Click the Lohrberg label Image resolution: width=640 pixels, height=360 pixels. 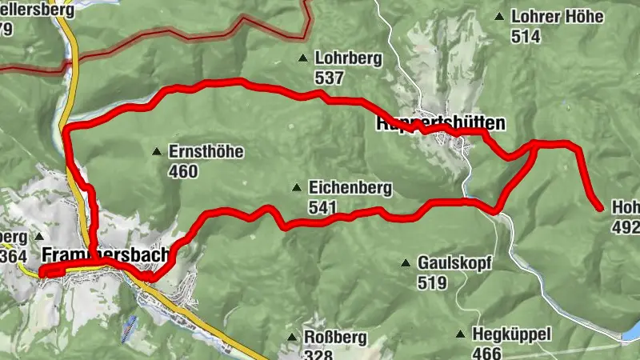pos(350,58)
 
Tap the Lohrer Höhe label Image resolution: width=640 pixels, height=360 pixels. pos(551,16)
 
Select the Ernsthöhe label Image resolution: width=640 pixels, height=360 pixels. pos(206,151)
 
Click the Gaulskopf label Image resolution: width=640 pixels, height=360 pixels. pos(454,262)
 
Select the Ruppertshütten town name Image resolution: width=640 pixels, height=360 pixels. pos(441,124)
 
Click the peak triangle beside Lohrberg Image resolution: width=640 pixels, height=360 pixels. pos(302,58)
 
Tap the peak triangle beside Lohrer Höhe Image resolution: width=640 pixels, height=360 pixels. pos(499,16)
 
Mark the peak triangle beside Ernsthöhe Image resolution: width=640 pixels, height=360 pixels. pos(157,151)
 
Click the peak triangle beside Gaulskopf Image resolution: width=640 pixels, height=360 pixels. pos(405,262)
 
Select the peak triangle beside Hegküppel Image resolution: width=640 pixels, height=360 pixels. pos(460,334)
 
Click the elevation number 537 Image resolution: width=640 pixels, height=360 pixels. pos(329,78)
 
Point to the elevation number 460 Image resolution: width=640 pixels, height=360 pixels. pos(183,171)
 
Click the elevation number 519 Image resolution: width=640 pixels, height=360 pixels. pos(432,282)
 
